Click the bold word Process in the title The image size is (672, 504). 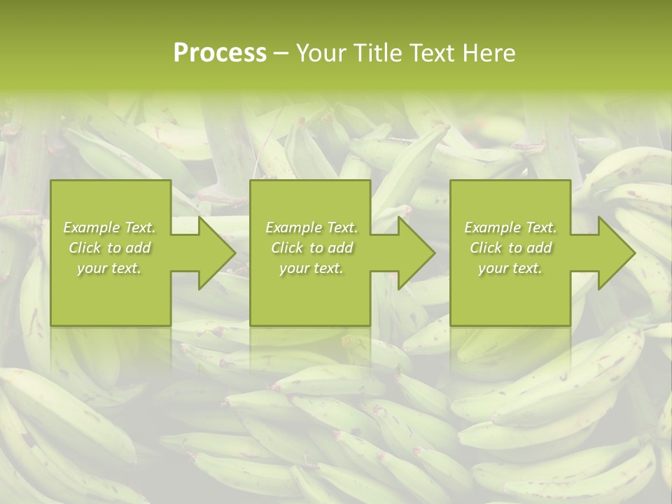point(220,53)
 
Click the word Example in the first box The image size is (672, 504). point(91,227)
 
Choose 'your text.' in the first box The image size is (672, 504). point(109,268)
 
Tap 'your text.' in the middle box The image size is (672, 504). point(311,268)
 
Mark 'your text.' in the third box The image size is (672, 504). point(510,268)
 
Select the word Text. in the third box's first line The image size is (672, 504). point(540,227)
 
